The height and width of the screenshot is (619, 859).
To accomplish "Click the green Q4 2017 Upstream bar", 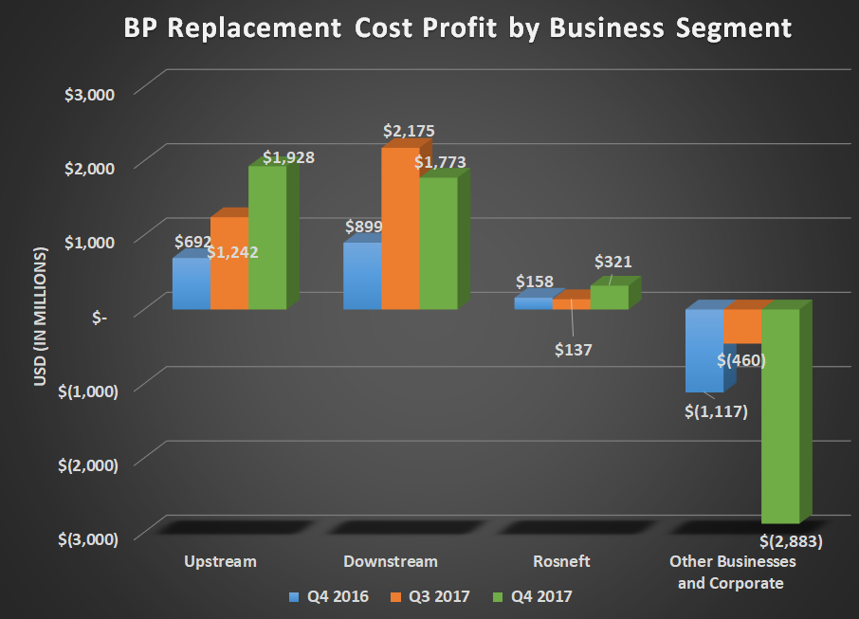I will click(x=266, y=238).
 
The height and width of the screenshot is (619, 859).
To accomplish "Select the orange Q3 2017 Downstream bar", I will click(x=399, y=228).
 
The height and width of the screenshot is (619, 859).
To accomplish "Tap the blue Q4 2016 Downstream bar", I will click(x=361, y=276).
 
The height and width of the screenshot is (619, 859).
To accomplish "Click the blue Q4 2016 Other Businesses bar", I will click(x=704, y=350).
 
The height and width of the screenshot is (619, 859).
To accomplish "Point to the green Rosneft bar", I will click(x=609, y=298).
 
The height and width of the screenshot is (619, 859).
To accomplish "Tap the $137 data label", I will click(x=574, y=350).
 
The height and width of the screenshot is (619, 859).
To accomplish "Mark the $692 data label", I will click(x=192, y=241).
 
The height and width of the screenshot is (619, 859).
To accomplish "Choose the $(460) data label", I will click(x=741, y=360).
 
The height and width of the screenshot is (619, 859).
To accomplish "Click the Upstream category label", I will click(x=220, y=561).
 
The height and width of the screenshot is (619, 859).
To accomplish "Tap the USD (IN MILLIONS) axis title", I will click(x=41, y=318).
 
